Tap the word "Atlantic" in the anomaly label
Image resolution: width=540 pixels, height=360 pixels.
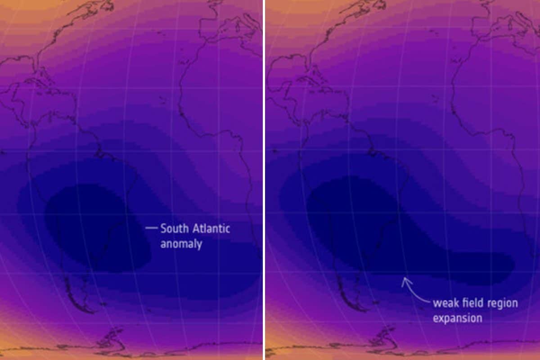211,229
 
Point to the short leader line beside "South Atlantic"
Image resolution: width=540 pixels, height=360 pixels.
151,228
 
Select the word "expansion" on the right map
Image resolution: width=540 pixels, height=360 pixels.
457,318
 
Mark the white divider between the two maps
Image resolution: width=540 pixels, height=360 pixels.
264,180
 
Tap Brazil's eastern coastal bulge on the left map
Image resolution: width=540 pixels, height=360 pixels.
135,178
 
